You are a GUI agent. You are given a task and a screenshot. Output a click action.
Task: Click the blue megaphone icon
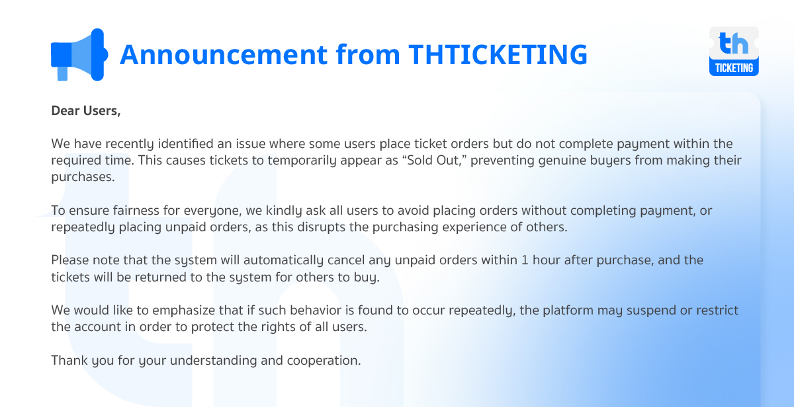click(x=79, y=55)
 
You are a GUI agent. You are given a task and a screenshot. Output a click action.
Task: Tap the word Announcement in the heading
click(x=224, y=54)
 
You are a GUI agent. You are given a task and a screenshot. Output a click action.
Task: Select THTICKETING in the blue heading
click(x=498, y=54)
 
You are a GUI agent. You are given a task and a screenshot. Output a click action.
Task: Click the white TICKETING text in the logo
click(x=734, y=67)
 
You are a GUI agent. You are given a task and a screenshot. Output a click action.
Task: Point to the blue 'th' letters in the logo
click(x=733, y=43)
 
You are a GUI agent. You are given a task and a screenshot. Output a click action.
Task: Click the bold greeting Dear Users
click(x=86, y=111)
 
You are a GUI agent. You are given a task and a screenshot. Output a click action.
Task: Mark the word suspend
click(x=651, y=311)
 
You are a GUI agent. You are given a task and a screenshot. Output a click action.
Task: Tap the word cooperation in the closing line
click(x=324, y=361)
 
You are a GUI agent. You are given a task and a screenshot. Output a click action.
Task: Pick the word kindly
click(x=284, y=211)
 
